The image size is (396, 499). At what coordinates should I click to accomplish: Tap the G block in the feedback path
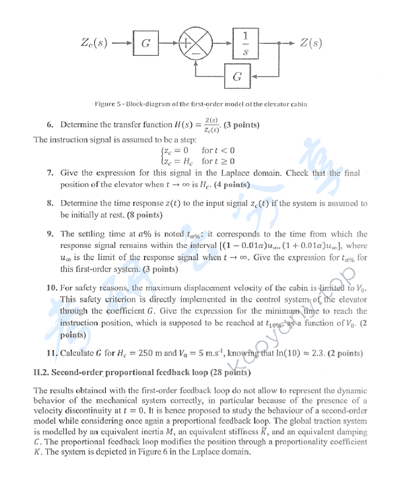[x=237, y=77]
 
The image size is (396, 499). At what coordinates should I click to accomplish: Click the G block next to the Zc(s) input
[x=145, y=44]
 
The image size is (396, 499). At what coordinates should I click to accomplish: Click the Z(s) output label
[x=310, y=43]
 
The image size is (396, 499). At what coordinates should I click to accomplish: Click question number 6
[x=50, y=125]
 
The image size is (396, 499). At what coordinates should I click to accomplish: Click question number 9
[x=50, y=234]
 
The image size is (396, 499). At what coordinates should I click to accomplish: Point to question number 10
[x=51, y=288]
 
